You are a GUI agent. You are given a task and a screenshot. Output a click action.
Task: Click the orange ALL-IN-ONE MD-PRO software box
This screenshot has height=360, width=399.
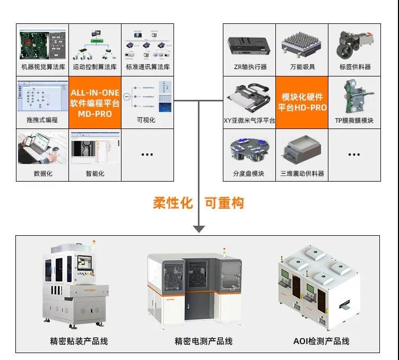coord(95,101)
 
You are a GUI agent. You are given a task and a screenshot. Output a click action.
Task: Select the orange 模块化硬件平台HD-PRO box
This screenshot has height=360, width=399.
coord(301,101)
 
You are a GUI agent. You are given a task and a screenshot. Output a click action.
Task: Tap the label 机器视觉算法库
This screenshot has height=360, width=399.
coord(42,67)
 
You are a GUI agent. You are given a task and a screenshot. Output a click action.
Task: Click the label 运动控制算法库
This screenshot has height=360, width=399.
coord(95,67)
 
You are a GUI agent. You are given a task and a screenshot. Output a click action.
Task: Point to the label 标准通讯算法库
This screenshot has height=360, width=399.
coord(148,67)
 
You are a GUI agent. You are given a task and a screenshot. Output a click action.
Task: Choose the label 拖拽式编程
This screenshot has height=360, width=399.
coord(42,120)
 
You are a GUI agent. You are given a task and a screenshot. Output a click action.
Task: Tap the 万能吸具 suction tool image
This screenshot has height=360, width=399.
coord(301,45)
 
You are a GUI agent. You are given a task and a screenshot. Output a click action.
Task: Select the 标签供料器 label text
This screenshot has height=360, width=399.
coord(354,67)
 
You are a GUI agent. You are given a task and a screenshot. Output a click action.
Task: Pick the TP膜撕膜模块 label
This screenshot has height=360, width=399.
coord(354,121)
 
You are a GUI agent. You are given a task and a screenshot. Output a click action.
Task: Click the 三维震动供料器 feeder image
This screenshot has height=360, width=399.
coord(301,151)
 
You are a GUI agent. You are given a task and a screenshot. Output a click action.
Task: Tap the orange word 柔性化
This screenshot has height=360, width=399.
coord(172,203)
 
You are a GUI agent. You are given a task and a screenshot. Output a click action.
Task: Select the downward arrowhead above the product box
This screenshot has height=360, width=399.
coord(199,229)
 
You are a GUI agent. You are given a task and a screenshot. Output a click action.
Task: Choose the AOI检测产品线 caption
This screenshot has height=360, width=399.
coord(321,341)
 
